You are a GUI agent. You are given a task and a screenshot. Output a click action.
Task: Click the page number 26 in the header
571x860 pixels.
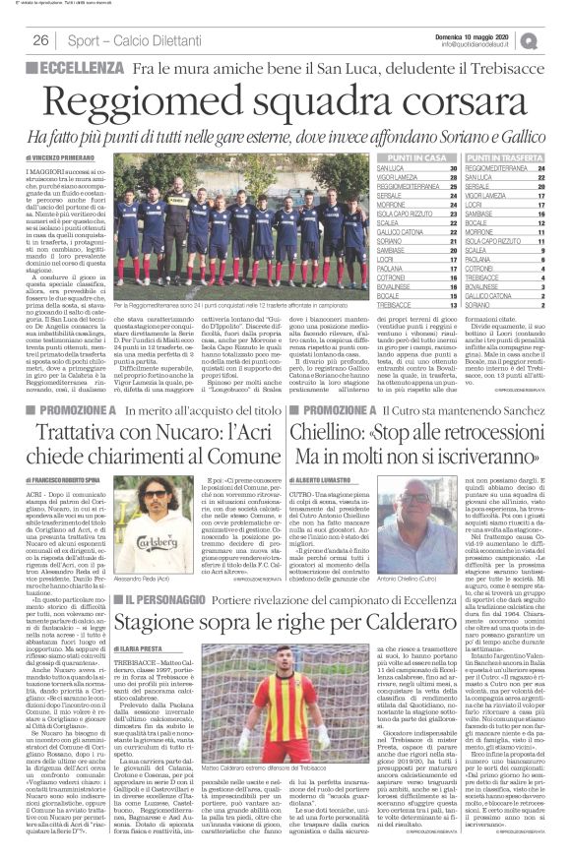(x=41, y=40)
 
